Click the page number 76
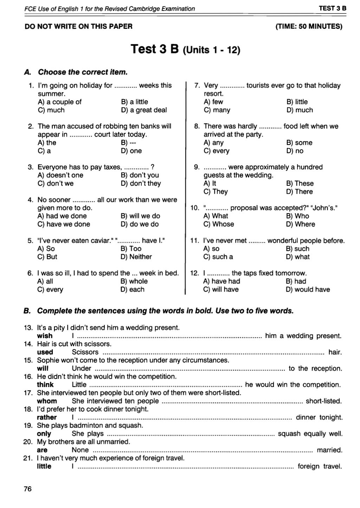point(27,489)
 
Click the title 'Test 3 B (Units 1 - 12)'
point(185,49)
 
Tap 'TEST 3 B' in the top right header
point(332,8)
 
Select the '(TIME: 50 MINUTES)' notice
point(309,26)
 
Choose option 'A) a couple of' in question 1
point(59,102)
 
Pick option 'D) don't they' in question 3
point(141,184)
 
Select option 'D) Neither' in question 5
point(136,257)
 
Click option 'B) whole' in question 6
point(134,281)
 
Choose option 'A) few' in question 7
point(213,102)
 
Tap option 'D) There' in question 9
point(299,192)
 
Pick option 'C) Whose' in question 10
point(218,224)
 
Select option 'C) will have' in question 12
point(221,290)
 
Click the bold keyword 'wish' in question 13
point(45,336)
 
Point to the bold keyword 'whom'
point(47,401)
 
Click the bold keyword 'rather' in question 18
point(47,418)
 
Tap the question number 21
point(28,458)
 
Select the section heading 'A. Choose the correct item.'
point(76,72)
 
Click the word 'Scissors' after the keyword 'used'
point(85,352)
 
